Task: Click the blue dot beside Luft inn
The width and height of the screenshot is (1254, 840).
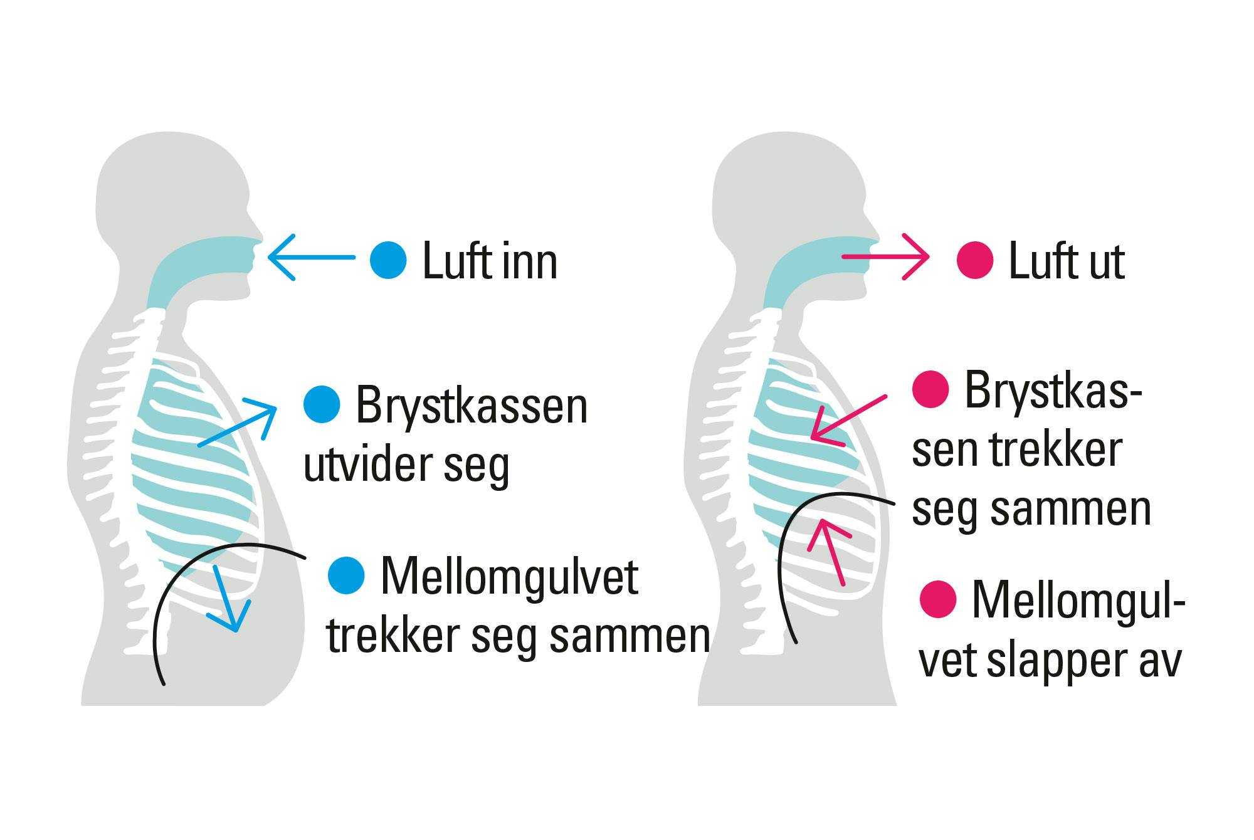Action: [388, 260]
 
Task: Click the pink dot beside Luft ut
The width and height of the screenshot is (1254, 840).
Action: [975, 261]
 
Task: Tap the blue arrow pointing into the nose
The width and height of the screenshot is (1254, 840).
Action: [310, 257]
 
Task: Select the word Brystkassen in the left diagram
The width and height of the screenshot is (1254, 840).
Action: [472, 407]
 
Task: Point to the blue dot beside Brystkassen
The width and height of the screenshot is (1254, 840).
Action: [322, 405]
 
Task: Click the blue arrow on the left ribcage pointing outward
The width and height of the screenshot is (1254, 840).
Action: [238, 426]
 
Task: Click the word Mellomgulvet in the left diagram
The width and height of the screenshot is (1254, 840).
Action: [509, 577]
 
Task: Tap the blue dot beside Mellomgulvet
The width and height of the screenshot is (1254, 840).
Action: [346, 575]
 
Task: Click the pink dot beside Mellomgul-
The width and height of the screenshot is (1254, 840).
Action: [937, 599]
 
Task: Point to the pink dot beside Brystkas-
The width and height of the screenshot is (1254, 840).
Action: [930, 390]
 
